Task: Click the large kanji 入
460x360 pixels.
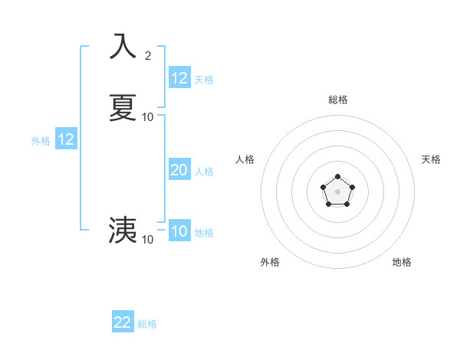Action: pyautogui.click(x=123, y=46)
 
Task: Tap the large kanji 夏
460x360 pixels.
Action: pyautogui.click(x=123, y=107)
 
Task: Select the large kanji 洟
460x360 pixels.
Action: pyautogui.click(x=123, y=229)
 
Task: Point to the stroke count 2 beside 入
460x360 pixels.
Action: pyautogui.click(x=148, y=55)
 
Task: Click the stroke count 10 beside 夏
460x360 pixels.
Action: pyautogui.click(x=148, y=117)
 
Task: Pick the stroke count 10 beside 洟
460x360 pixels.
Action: pyautogui.click(x=148, y=239)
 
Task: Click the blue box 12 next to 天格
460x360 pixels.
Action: pyautogui.click(x=179, y=78)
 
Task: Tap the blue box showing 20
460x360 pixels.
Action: pyautogui.click(x=179, y=171)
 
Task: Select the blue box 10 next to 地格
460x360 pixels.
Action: pyautogui.click(x=179, y=231)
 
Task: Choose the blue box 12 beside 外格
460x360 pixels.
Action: pyautogui.click(x=66, y=139)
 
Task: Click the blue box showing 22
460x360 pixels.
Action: pyautogui.click(x=123, y=322)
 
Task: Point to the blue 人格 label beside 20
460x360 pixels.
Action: pyautogui.click(x=205, y=172)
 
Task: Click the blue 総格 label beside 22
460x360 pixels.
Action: pyautogui.click(x=148, y=324)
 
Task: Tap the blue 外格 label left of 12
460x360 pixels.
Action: pyautogui.click(x=41, y=141)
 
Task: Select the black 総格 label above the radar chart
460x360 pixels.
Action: pyautogui.click(x=337, y=100)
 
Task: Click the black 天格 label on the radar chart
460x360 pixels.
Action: pyautogui.click(x=431, y=159)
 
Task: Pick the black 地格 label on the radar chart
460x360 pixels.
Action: pyautogui.click(x=402, y=262)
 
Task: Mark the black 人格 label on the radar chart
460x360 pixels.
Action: pyautogui.click(x=245, y=159)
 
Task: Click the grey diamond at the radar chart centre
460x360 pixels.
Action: pyautogui.click(x=337, y=191)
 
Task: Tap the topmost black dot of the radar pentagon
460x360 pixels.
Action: pyautogui.click(x=337, y=177)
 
